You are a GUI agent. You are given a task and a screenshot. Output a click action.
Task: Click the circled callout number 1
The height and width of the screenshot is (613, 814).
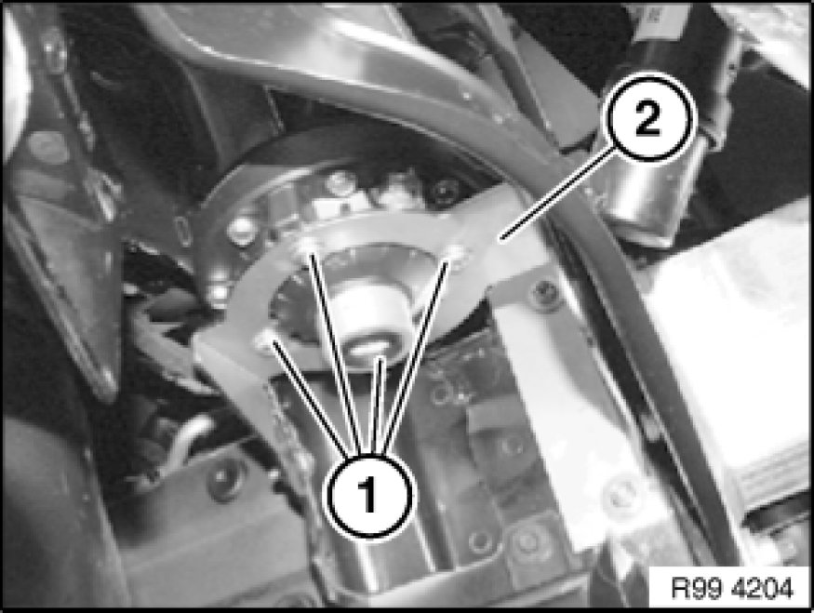coord(367,495)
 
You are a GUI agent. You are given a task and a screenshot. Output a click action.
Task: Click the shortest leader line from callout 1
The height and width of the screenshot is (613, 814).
coord(379,405)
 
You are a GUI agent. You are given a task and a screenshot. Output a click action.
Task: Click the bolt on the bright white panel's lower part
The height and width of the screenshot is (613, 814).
coord(621,497)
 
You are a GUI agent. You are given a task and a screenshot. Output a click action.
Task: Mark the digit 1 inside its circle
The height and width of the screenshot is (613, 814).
coord(367,495)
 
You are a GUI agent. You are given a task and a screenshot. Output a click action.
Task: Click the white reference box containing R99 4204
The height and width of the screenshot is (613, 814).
coord(731,588)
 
